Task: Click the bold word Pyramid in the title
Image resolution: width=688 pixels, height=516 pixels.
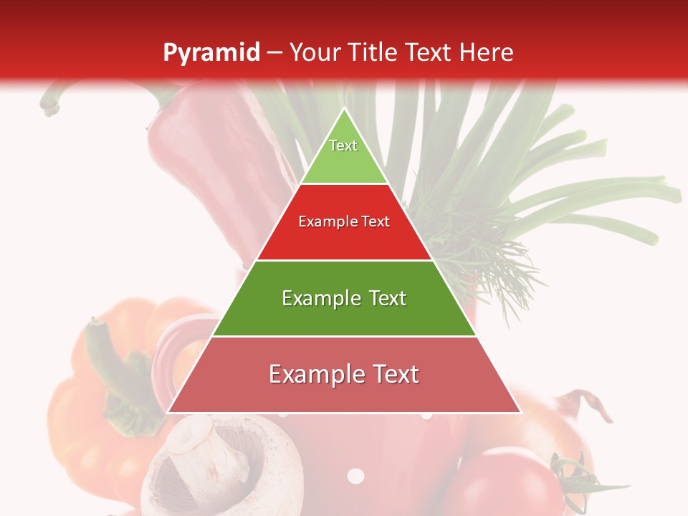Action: [x=211, y=53]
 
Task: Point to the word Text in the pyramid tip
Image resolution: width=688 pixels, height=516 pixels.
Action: [x=343, y=145]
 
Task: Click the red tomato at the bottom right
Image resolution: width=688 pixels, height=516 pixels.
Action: [x=502, y=487]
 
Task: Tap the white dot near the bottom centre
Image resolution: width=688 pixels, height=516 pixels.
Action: [x=355, y=476]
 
